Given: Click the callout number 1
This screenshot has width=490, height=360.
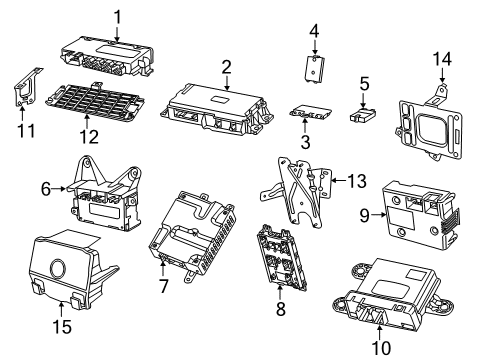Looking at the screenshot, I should click(118, 16).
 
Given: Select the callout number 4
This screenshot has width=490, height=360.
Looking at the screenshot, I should click(313, 31).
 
